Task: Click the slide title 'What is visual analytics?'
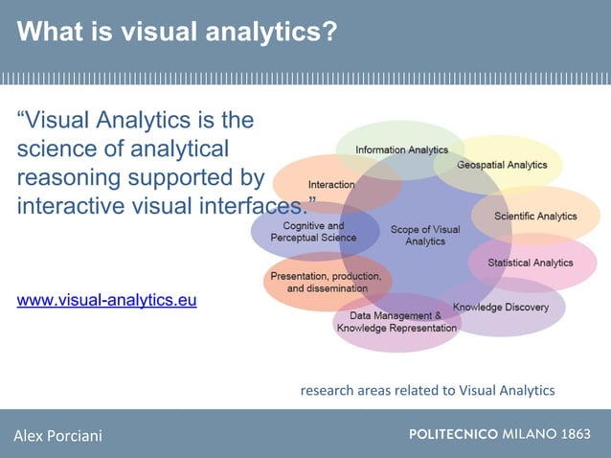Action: point(177,33)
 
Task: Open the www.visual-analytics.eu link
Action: point(107,300)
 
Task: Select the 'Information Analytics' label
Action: point(401,150)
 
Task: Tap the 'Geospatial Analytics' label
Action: point(502,165)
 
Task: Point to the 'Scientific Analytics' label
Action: point(535,217)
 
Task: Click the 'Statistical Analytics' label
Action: point(530,263)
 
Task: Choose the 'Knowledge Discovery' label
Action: point(501,308)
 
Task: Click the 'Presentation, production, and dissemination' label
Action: point(327,282)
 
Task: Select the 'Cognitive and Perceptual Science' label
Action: point(313,232)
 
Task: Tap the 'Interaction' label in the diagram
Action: point(331,184)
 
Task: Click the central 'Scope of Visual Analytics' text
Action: point(424,235)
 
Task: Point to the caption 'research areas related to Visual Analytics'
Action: point(427,390)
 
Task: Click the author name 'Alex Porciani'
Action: point(57,437)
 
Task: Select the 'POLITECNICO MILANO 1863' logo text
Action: point(500,434)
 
